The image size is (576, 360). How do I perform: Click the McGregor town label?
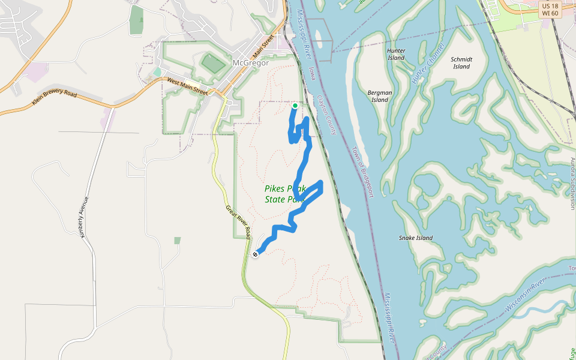[x=250, y=63]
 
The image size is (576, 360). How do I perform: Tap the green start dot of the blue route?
[x=295, y=106]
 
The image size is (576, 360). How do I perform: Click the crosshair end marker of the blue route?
[x=256, y=254]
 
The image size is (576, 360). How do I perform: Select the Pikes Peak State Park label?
[x=284, y=194]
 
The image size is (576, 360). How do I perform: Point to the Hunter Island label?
[x=396, y=54]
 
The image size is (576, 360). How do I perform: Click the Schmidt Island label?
[x=461, y=63]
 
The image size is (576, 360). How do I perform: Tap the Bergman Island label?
[x=380, y=96]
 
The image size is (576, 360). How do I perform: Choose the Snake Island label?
[x=416, y=238]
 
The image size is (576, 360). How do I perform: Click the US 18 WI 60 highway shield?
[x=550, y=10]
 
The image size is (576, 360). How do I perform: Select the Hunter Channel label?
[x=428, y=63]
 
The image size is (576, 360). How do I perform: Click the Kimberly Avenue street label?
[x=84, y=216]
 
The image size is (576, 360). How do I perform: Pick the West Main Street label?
[x=187, y=87]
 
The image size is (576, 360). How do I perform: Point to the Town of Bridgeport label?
[x=362, y=172]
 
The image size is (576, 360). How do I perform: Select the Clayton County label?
[x=328, y=117]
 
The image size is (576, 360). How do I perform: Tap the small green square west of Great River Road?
[x=177, y=241]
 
